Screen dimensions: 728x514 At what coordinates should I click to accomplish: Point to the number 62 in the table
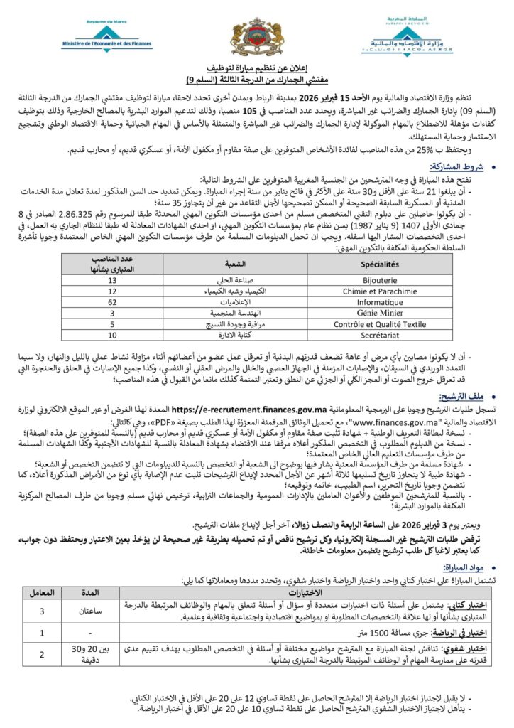coord(112,302)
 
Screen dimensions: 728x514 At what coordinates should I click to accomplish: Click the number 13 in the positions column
coord(112,281)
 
